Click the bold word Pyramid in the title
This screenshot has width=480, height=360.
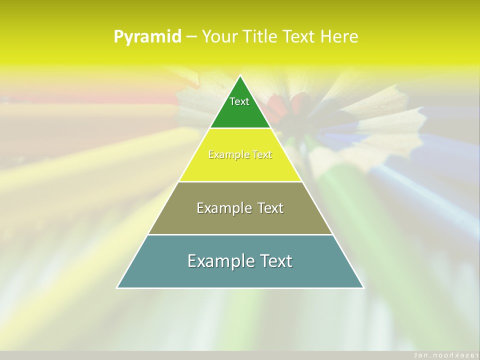tap(147, 37)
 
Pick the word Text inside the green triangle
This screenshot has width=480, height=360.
tap(239, 101)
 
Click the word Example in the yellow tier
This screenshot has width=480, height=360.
tap(225, 155)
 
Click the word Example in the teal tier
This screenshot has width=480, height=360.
tap(218, 261)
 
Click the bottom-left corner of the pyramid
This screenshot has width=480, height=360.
tap(117, 287)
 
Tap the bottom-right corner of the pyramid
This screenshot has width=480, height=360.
tap(363, 287)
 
